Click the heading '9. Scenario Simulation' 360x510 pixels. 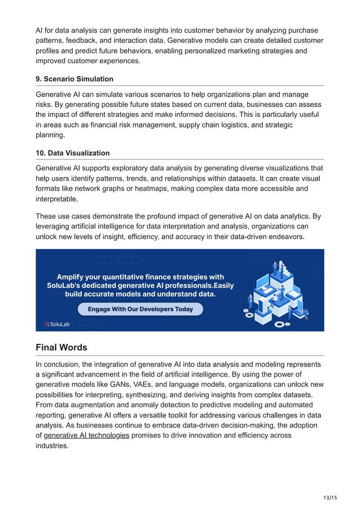74,79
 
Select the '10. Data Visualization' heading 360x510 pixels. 72,153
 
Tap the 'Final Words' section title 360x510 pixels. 61,347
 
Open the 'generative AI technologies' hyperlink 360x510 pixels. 86,435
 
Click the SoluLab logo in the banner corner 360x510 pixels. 57,324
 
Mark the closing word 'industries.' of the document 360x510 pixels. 52,446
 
